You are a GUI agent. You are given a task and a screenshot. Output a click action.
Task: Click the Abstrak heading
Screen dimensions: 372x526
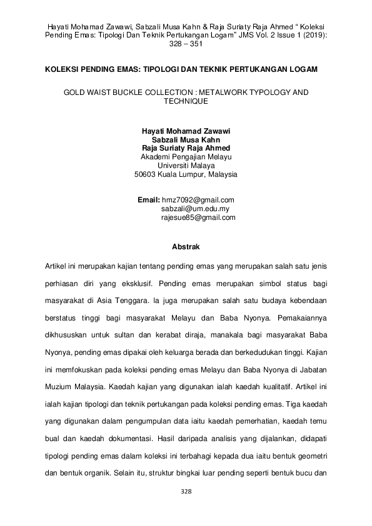[x=186, y=247]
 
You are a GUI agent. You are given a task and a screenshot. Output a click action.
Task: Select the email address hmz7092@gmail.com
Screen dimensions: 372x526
[x=198, y=200]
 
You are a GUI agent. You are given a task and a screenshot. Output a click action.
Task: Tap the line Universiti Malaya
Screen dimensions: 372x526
[x=186, y=166]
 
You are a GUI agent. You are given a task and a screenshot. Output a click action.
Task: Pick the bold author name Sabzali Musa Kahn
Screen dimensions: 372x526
[x=186, y=140]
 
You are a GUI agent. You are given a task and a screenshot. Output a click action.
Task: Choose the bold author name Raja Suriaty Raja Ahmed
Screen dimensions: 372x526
[x=186, y=149]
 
